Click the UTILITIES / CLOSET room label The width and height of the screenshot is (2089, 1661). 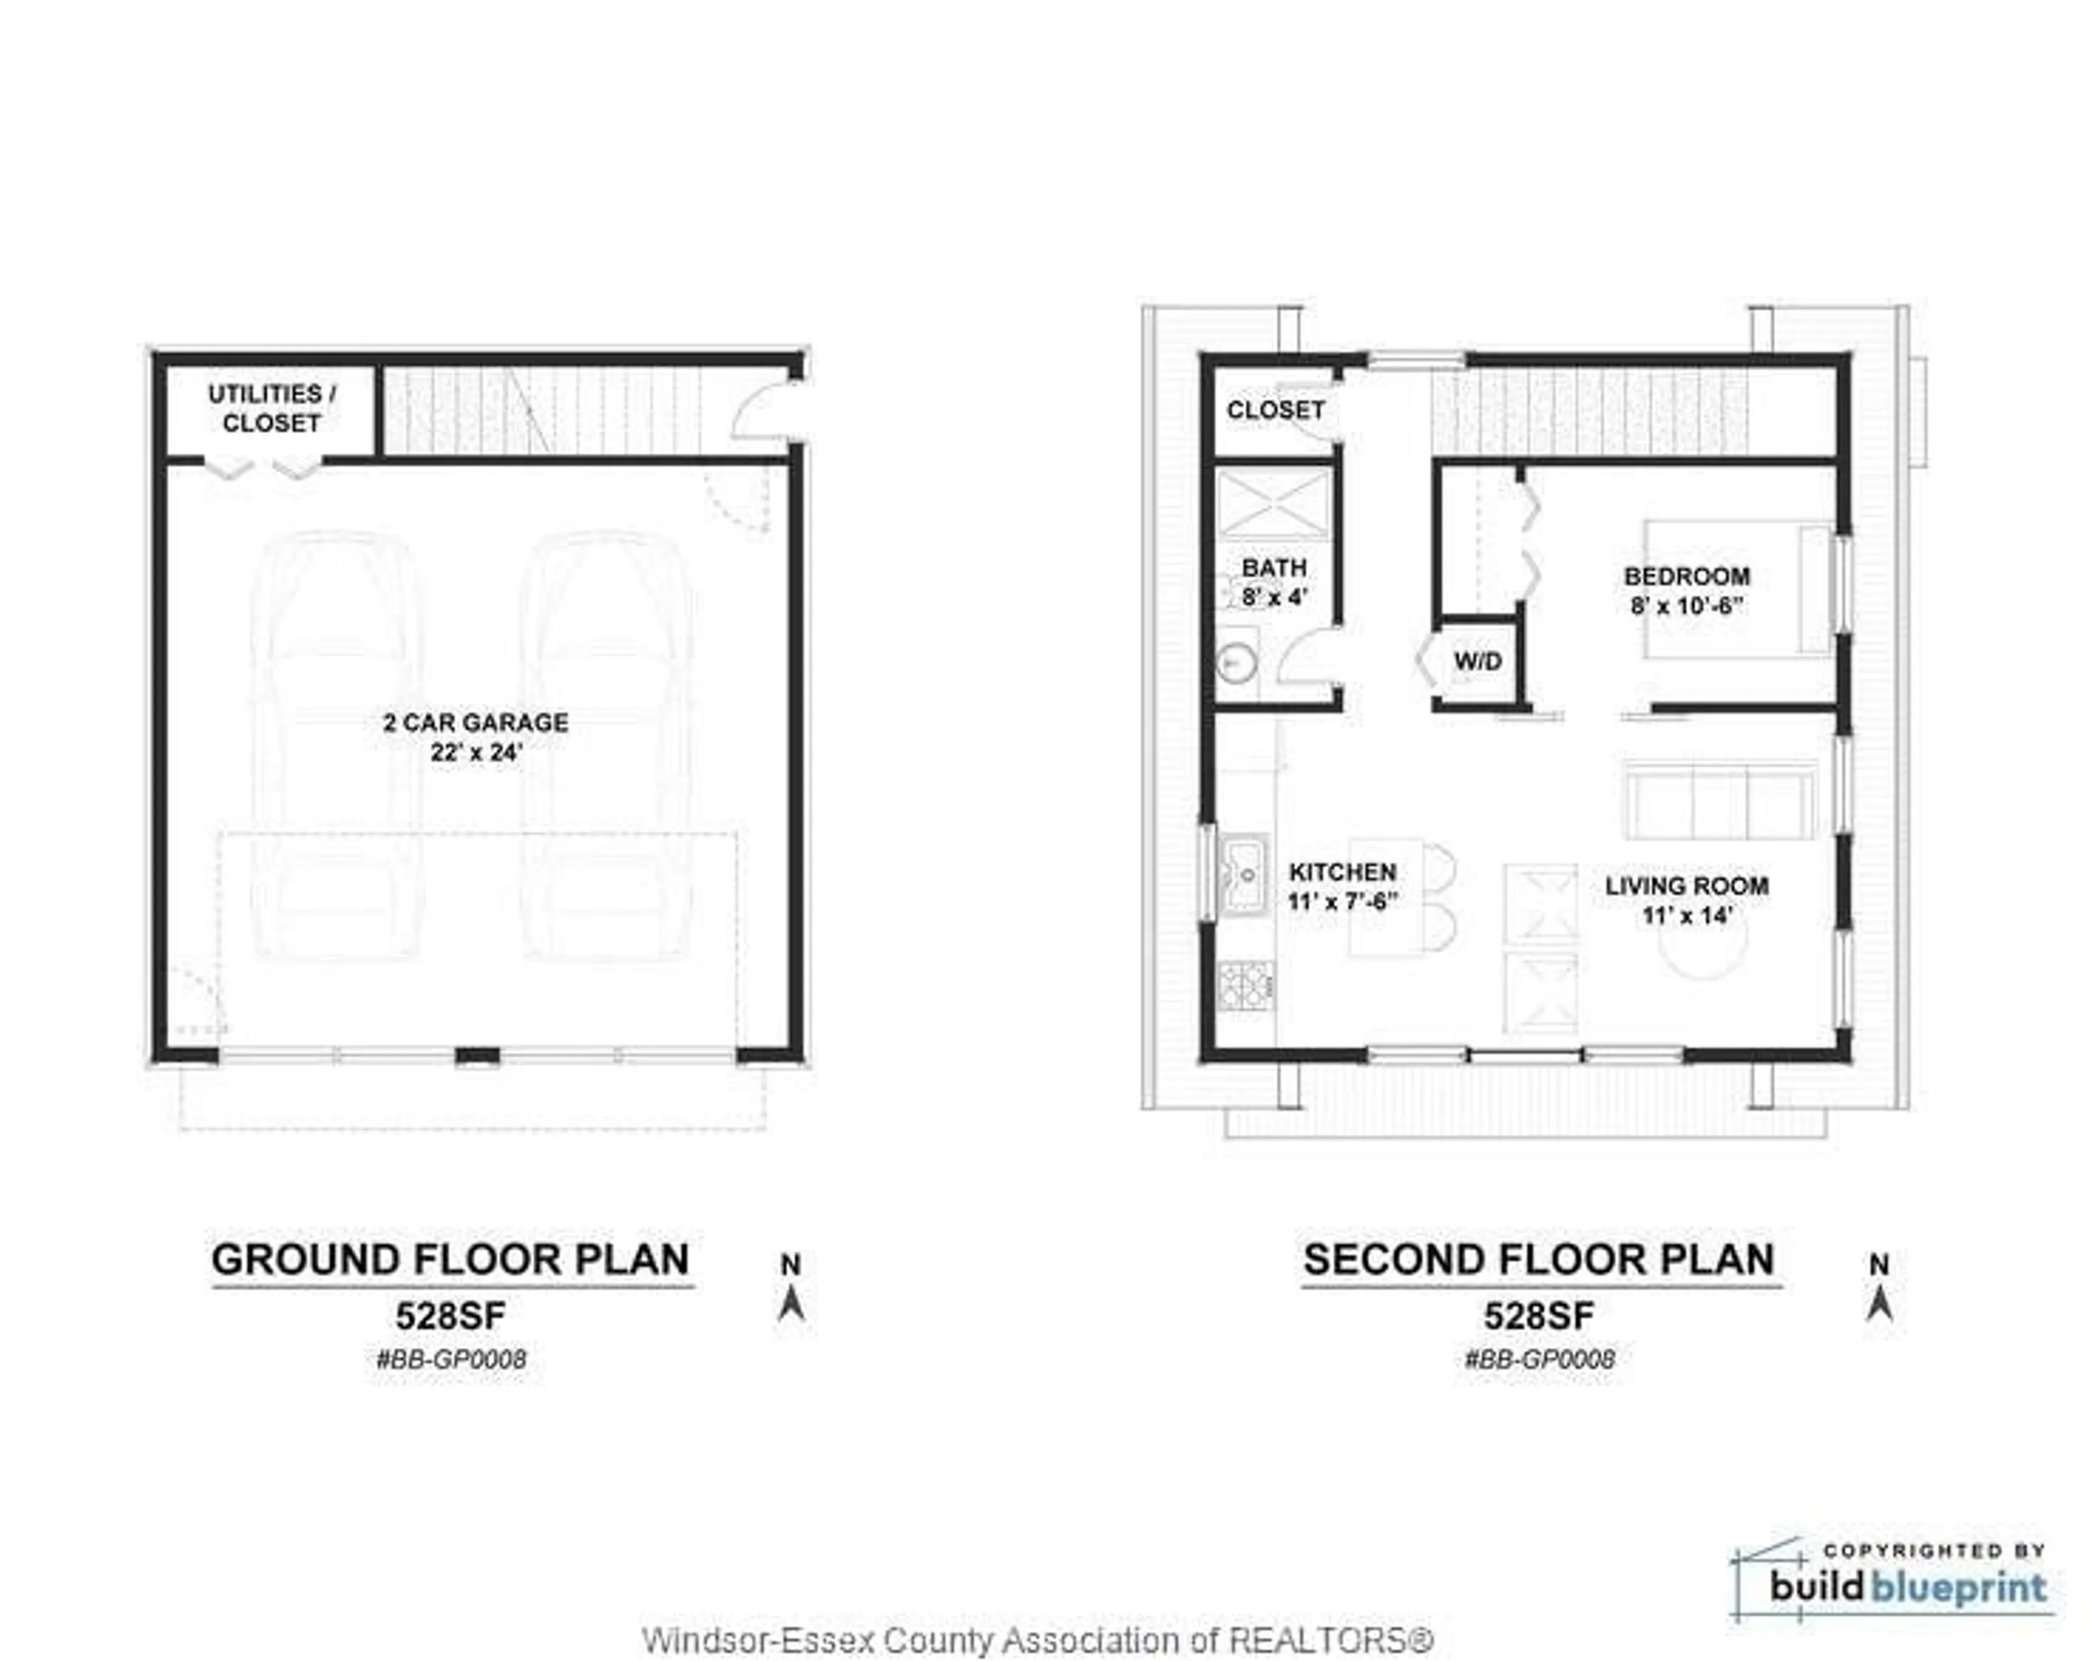tap(271, 408)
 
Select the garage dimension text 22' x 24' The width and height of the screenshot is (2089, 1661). tap(476, 752)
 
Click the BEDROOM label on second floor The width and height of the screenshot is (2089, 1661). tap(1687, 576)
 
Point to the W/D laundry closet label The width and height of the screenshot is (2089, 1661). tap(1478, 662)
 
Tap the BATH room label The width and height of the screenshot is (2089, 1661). tap(1274, 568)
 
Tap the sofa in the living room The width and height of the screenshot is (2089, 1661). tap(1719, 801)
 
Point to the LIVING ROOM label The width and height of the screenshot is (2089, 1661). tap(1687, 885)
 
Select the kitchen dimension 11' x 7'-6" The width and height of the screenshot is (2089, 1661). tap(1343, 901)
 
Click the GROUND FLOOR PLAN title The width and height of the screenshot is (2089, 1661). tap(450, 1260)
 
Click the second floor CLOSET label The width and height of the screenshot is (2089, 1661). tap(1275, 410)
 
